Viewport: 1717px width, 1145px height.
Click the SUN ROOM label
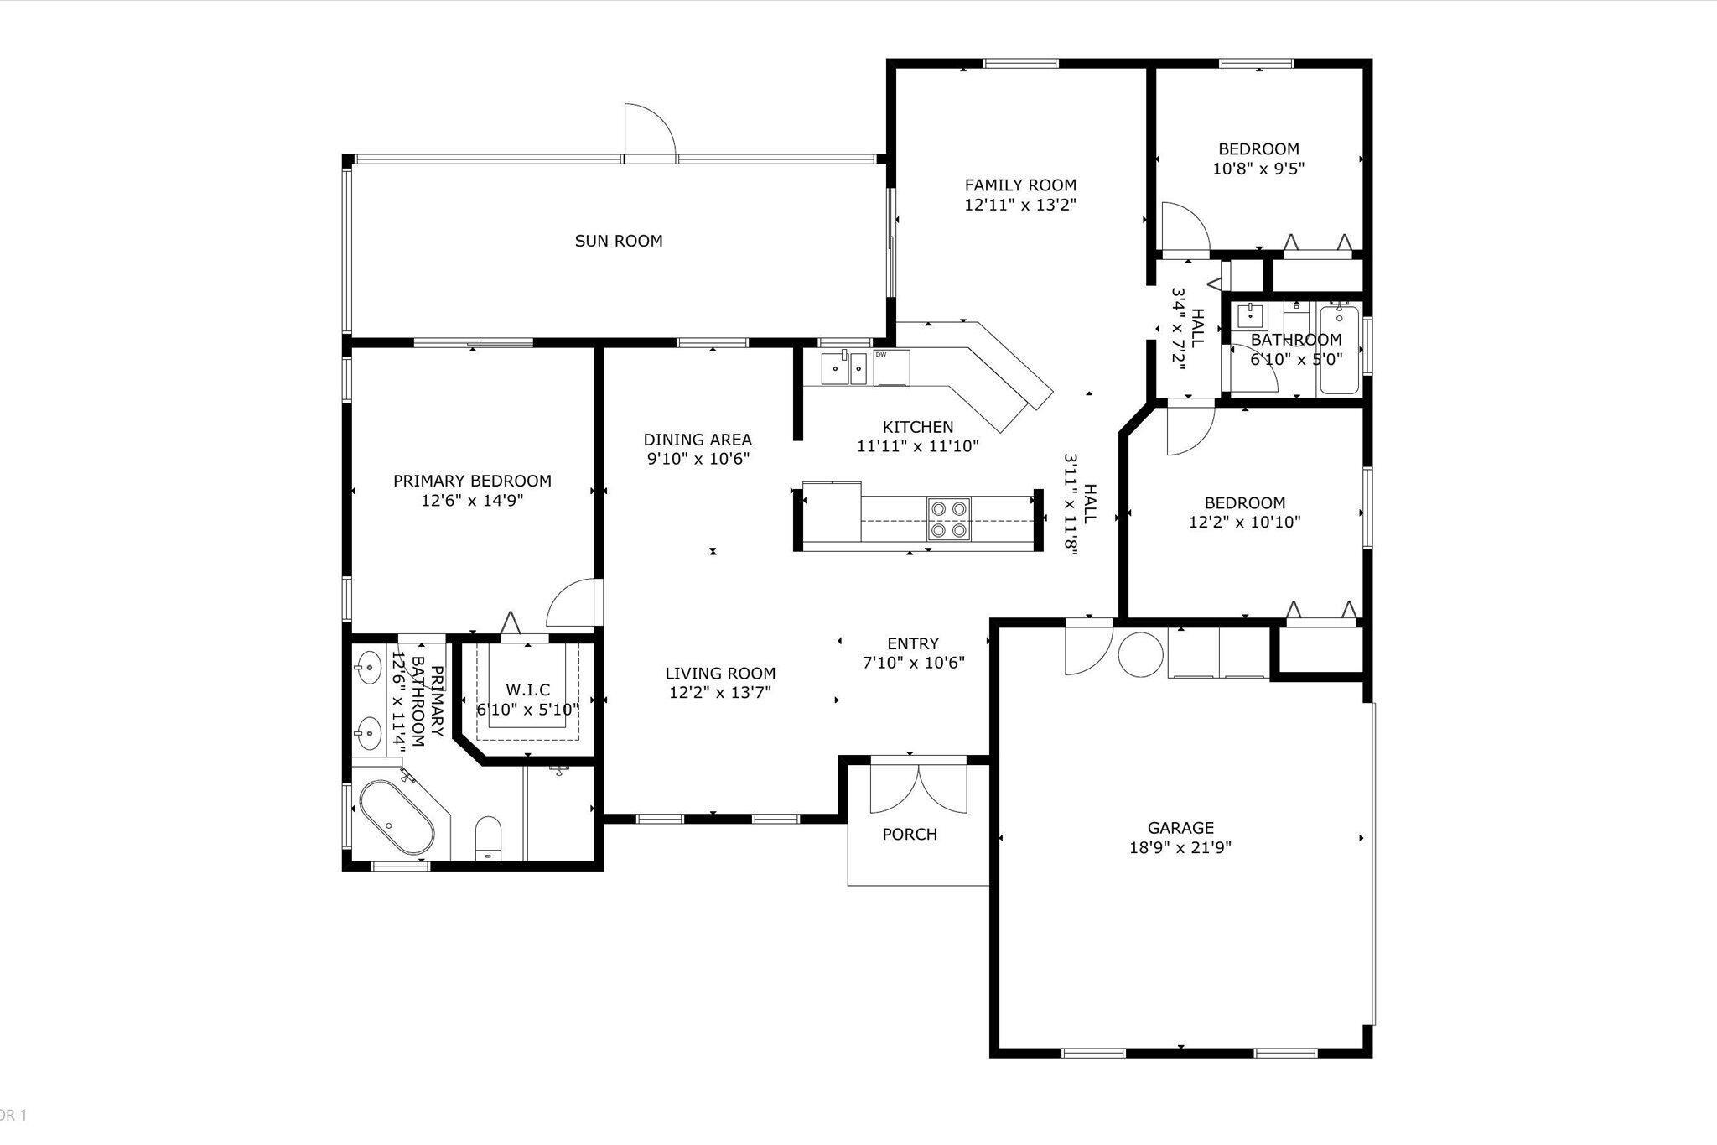tap(619, 241)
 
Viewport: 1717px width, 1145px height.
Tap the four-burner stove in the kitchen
tap(949, 519)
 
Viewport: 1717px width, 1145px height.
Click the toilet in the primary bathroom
tap(488, 838)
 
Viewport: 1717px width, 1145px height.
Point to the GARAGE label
tap(1180, 828)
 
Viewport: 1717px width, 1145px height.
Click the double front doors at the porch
tap(919, 786)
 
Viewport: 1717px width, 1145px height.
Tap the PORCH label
tap(910, 835)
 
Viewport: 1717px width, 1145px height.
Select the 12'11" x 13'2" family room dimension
tap(1020, 205)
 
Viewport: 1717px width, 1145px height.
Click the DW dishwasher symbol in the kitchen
tap(891, 367)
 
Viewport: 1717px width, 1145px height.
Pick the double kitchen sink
tap(844, 367)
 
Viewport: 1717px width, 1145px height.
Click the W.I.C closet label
tap(528, 690)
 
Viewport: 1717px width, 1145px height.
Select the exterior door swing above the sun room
tap(650, 131)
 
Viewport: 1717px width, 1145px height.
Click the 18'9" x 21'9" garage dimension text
tap(1180, 847)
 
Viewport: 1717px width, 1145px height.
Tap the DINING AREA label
tap(698, 440)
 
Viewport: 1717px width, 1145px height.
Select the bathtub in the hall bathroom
tap(1340, 350)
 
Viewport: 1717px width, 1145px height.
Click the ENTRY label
tap(913, 643)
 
